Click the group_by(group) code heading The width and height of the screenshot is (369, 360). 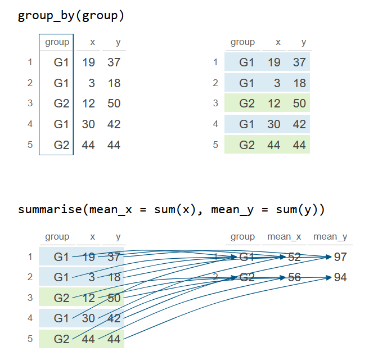point(71,15)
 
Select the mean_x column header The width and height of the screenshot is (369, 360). point(284,237)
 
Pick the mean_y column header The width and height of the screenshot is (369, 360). point(330,237)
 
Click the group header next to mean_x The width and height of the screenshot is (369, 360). point(242,237)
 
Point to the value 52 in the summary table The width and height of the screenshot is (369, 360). point(294,257)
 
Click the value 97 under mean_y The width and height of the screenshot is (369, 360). point(340,257)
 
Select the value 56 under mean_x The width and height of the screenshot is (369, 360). point(294,277)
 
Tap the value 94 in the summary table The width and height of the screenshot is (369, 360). point(340,277)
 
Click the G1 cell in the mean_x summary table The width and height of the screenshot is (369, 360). point(246,257)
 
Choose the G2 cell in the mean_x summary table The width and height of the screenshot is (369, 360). point(246,277)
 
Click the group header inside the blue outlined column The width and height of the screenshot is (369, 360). point(57,42)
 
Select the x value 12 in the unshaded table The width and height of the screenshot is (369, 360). point(88,103)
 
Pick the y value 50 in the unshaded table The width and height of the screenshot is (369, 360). point(114,103)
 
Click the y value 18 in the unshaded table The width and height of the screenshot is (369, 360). point(114,83)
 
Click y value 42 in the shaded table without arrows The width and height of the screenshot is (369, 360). point(299,124)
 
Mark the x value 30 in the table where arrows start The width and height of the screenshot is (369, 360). point(88,318)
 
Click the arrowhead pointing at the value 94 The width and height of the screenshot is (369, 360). point(330,277)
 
